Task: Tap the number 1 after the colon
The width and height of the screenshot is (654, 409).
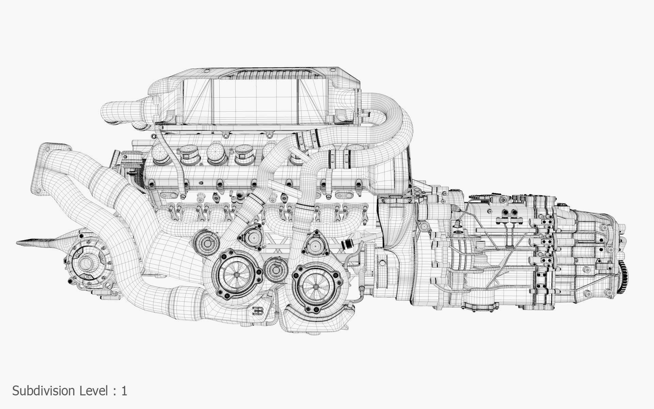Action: tap(124, 391)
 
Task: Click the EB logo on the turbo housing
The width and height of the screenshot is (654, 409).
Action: tap(258, 311)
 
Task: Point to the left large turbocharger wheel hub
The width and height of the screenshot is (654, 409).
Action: tap(236, 275)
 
